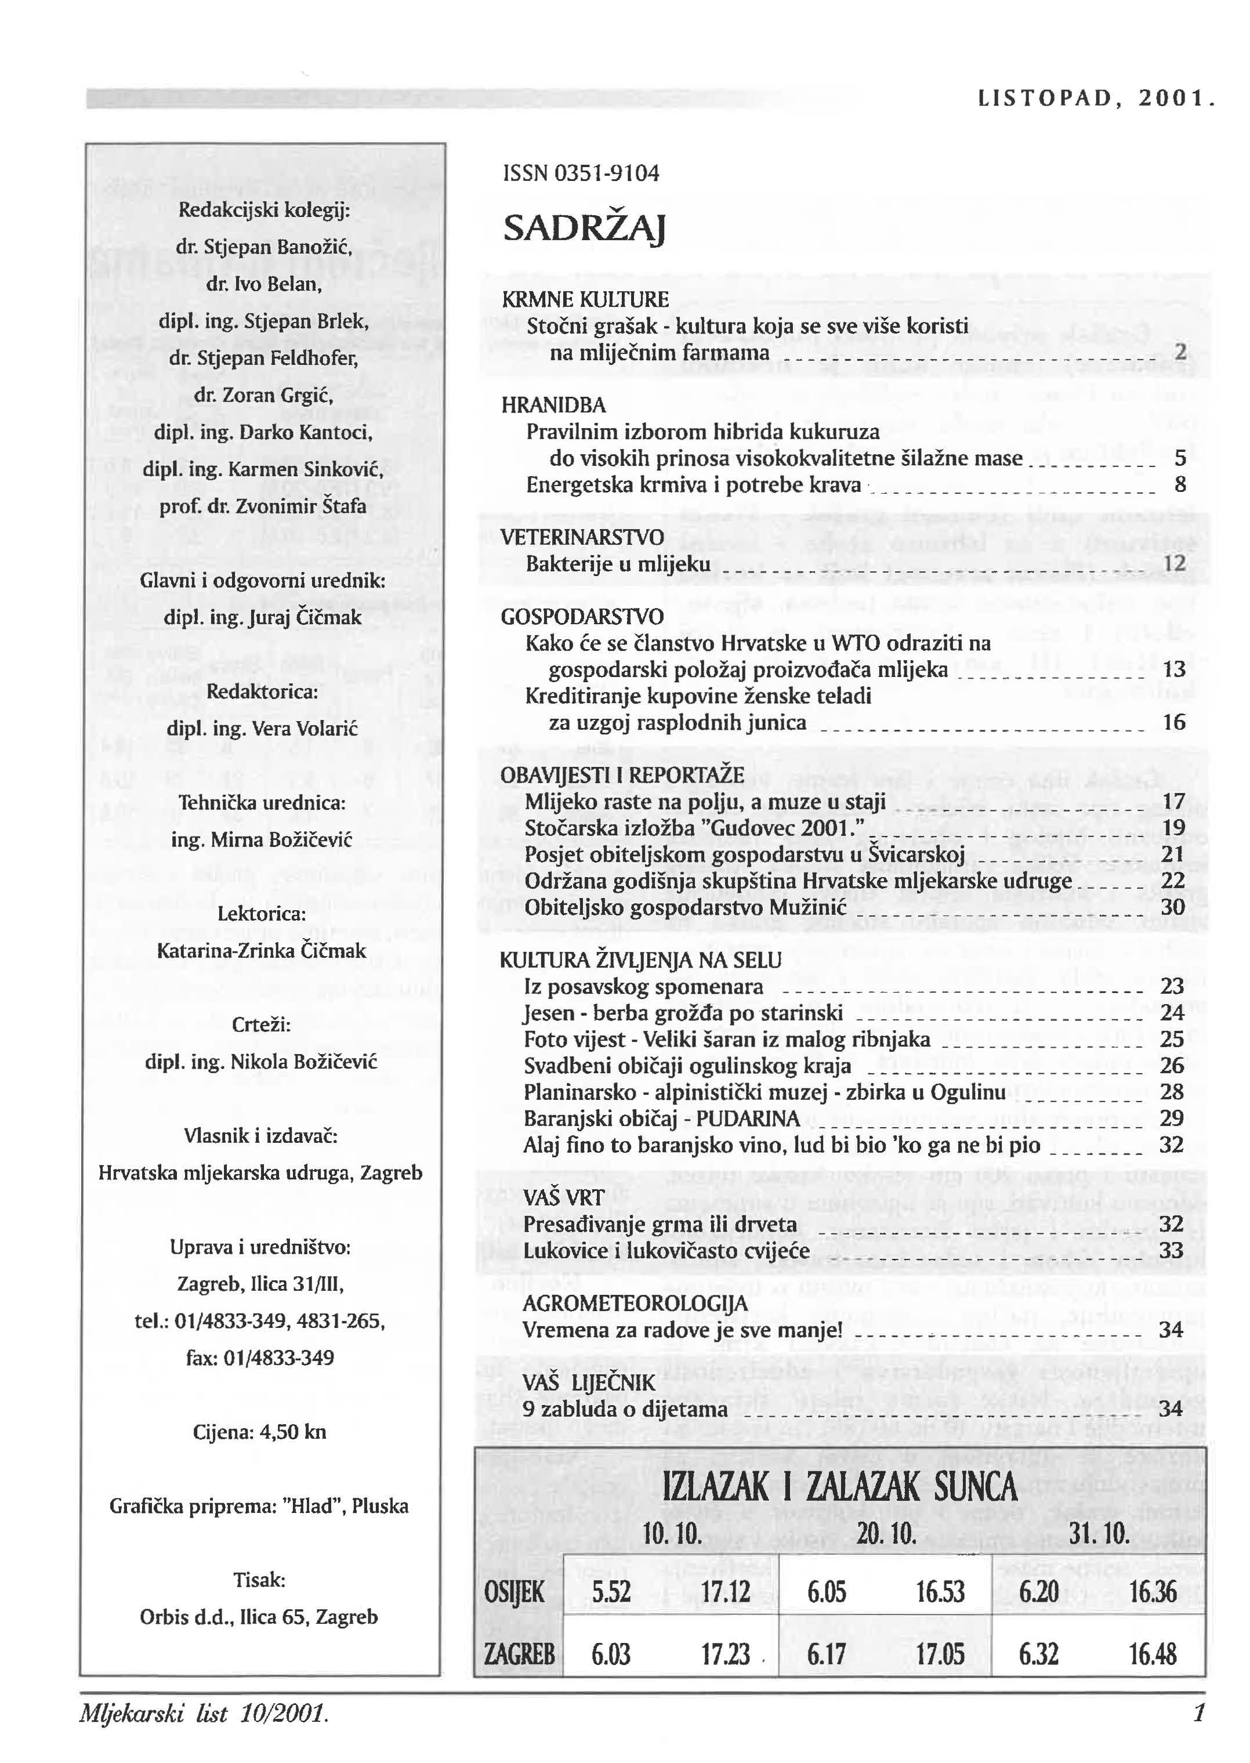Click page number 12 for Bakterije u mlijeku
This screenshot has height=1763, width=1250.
pyautogui.click(x=1174, y=563)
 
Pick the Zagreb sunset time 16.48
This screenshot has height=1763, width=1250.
pyautogui.click(x=1152, y=1654)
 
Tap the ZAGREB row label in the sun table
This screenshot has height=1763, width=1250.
pyautogui.click(x=519, y=1654)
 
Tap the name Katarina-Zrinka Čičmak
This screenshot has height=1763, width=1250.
pyautogui.click(x=262, y=951)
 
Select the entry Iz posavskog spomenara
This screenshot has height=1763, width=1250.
pyautogui.click(x=643, y=986)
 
